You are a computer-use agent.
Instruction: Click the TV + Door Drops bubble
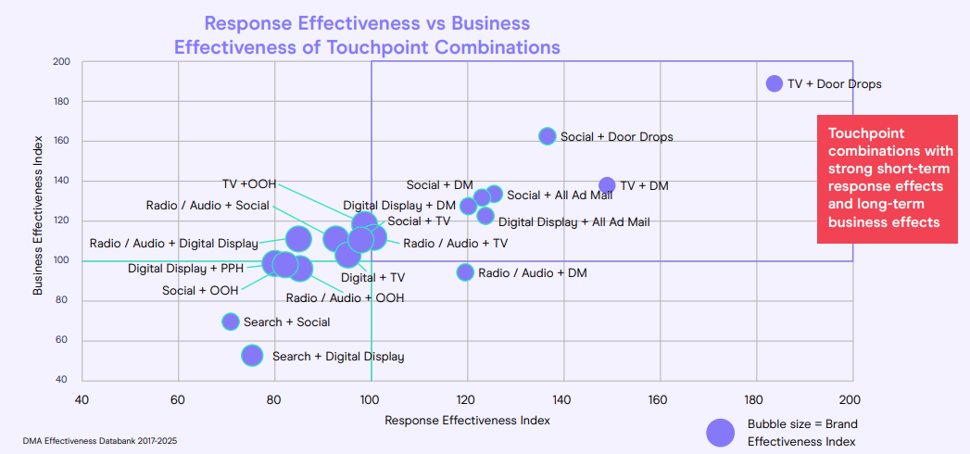(x=775, y=83)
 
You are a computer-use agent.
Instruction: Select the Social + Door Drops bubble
(x=548, y=136)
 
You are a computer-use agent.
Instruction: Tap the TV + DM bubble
(x=607, y=185)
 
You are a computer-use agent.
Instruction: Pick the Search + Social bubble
(x=231, y=322)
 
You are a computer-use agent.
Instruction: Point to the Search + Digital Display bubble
(x=252, y=356)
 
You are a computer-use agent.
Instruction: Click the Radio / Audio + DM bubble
(x=465, y=272)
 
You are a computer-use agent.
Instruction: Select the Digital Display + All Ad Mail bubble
(x=485, y=216)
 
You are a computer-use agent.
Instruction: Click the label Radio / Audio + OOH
(x=345, y=298)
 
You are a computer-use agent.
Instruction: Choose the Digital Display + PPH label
(x=185, y=269)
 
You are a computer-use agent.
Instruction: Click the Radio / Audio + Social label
(x=208, y=206)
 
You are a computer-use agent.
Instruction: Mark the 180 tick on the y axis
(x=62, y=101)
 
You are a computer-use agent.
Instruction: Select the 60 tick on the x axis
(x=178, y=400)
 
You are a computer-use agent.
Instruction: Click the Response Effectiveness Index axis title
(x=467, y=420)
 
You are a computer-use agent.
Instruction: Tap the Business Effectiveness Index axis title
(x=39, y=219)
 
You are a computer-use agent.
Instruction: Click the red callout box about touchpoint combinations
(x=886, y=179)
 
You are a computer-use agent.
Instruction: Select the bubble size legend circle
(x=721, y=432)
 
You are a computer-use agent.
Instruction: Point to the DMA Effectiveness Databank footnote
(x=100, y=441)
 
